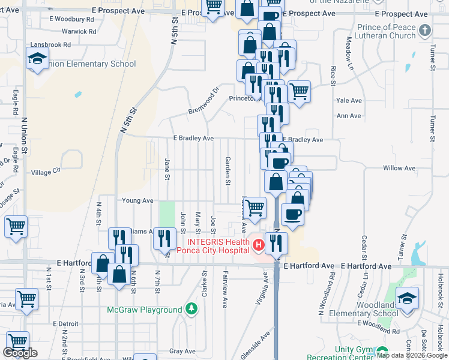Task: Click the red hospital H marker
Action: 258,245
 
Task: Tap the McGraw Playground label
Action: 144,310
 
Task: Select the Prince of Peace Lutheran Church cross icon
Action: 424,30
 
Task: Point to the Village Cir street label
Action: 46,172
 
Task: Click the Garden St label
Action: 228,170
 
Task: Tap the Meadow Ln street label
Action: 349,52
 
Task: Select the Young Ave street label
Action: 137,200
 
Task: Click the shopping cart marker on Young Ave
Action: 255,208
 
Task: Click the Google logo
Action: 20,353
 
